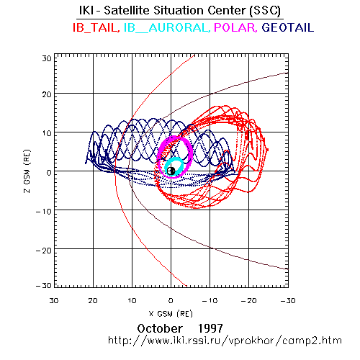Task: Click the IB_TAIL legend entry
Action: pos(96,27)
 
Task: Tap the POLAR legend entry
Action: pos(235,27)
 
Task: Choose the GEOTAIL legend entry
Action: pos(288,27)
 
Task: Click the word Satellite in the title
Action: pos(127,10)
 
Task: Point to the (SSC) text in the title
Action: pos(265,11)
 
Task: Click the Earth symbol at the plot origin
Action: pos(171,171)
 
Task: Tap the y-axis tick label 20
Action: pos(47,94)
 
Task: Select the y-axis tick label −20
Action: pos(44,251)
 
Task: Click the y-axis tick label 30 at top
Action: pos(47,58)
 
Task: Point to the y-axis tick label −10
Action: pos(44,212)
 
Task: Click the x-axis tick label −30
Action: pos(288,301)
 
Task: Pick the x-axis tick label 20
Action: pos(93,301)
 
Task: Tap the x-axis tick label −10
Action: pos(210,301)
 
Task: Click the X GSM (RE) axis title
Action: pos(171,314)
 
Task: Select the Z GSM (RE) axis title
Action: pos(27,171)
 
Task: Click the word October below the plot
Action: pos(160,328)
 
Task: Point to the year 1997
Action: pos(210,328)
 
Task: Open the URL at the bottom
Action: pos(225,341)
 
